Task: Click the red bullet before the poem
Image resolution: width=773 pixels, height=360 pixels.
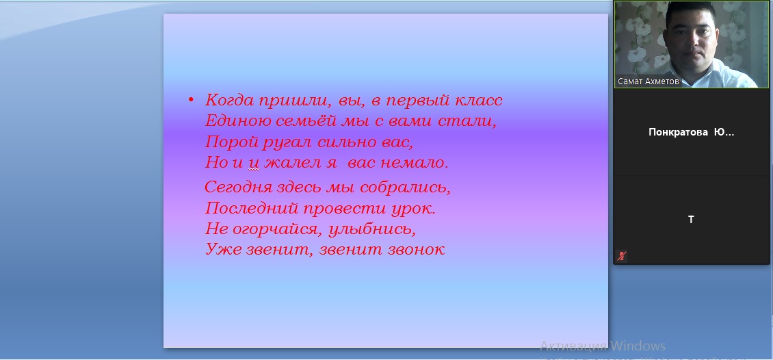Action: coord(192,101)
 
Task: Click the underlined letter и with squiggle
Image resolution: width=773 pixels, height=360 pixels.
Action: coord(254,164)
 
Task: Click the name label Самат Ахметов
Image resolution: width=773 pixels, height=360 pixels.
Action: coord(648,81)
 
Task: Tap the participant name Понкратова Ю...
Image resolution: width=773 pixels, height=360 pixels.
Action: coord(691,132)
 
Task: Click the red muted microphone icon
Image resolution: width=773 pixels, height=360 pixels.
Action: coord(622,256)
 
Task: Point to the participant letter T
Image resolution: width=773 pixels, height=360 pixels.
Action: coord(691,220)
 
